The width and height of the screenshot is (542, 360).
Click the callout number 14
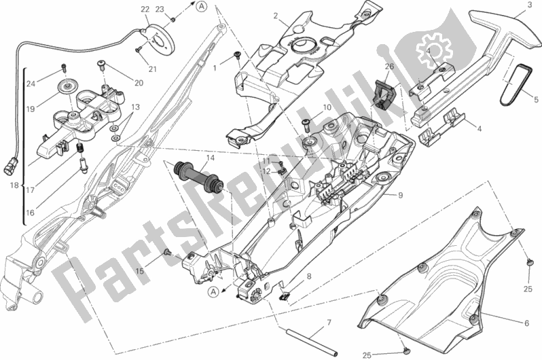click(211, 158)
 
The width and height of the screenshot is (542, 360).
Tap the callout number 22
click(145, 10)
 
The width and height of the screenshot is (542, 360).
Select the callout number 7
click(329, 323)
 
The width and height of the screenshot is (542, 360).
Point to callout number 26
click(389, 67)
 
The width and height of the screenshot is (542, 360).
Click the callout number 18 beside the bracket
click(14, 185)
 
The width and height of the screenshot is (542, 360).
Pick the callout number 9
click(400, 196)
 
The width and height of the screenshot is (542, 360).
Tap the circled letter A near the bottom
click(214, 293)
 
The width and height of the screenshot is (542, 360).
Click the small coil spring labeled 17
click(80, 149)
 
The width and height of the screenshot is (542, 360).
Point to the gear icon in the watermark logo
click(434, 50)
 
